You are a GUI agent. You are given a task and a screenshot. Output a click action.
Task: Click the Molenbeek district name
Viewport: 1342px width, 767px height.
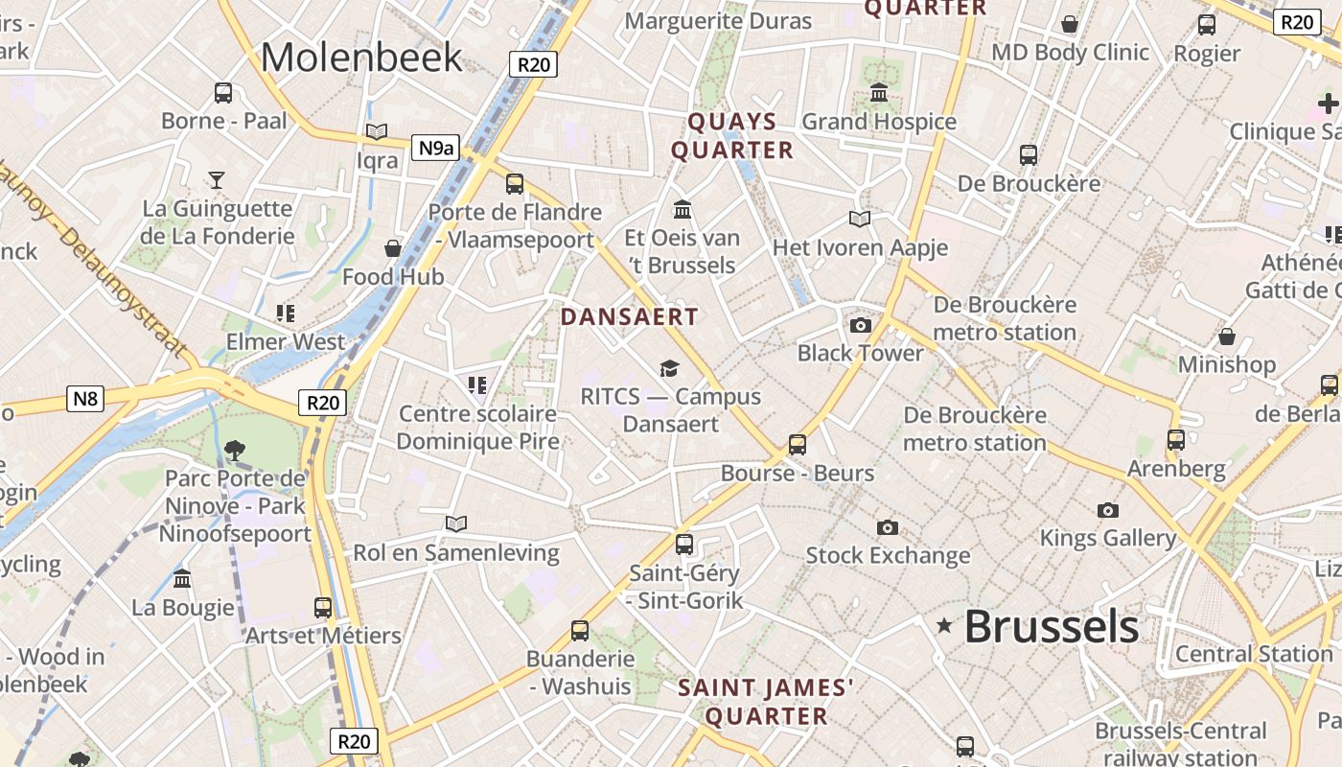[x=361, y=57]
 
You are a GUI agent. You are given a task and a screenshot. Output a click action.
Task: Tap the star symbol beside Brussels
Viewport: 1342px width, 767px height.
[x=944, y=626]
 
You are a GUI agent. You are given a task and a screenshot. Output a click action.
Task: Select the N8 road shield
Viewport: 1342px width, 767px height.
[x=85, y=398]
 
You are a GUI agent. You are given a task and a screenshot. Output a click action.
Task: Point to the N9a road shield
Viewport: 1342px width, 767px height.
[x=435, y=148]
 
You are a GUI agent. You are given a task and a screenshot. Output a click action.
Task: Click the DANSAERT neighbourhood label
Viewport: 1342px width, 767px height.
[x=630, y=316]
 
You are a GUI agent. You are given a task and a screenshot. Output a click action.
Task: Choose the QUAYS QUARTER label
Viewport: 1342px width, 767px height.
[x=732, y=136]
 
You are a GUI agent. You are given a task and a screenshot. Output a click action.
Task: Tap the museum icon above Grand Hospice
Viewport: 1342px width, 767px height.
[x=879, y=93]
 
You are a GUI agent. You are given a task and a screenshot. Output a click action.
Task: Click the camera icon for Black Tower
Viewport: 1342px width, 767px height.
[x=861, y=325]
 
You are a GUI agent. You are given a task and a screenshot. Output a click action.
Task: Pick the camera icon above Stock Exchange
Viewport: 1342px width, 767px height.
[x=888, y=527]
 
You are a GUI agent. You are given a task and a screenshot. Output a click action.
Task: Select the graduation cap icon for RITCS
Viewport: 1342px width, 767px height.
[x=669, y=368]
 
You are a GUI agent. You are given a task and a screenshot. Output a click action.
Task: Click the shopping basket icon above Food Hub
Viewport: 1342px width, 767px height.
[x=393, y=248]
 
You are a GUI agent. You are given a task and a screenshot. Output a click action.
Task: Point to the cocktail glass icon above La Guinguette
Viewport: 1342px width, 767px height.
[x=218, y=179]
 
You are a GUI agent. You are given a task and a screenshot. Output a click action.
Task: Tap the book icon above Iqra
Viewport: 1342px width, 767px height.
[x=377, y=131]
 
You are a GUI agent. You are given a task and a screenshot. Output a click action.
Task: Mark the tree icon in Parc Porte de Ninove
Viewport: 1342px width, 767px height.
[x=234, y=449]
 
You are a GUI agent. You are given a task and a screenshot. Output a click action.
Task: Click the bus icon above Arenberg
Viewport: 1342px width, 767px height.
[x=1176, y=440]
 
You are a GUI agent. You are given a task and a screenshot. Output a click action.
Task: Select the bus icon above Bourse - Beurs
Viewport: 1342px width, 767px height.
[x=798, y=445]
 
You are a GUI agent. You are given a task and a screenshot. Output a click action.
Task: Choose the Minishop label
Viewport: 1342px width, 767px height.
[x=1227, y=364]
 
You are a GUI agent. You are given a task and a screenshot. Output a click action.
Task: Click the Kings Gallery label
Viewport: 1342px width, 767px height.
[x=1108, y=538]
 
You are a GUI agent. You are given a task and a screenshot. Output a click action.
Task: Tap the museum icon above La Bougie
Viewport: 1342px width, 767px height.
[x=182, y=578]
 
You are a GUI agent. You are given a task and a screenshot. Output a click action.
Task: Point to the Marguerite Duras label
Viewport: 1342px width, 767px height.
[x=718, y=21]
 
